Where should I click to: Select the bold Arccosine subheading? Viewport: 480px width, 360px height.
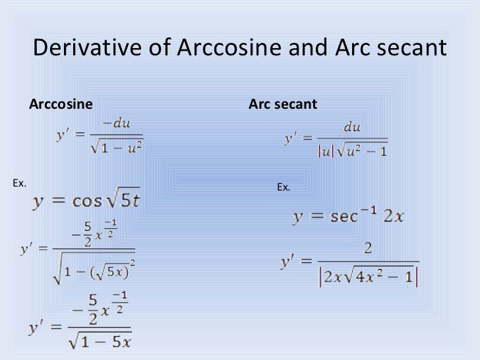pos(61,104)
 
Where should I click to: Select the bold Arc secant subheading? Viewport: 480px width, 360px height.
pos(282,104)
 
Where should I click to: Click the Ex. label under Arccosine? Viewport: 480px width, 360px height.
pos(19,183)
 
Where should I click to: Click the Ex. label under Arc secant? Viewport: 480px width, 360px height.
pos(284,187)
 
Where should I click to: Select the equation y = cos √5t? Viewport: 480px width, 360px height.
pos(86,201)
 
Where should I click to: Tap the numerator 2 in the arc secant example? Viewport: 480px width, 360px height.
pos(367,249)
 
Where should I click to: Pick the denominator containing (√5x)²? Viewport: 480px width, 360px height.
pos(94,270)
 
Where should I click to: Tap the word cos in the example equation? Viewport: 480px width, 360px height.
pos(86,202)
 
